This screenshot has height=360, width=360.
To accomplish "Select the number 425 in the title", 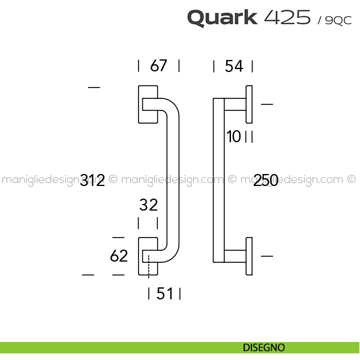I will point(286,17).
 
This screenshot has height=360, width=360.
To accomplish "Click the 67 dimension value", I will point(158,66).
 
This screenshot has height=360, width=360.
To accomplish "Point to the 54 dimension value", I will point(233,66).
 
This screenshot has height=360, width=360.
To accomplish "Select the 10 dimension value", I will point(233,137).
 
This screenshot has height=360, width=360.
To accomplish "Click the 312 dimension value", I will point(92,180).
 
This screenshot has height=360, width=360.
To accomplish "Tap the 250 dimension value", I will point(266,180).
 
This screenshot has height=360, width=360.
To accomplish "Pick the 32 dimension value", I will point(148,205).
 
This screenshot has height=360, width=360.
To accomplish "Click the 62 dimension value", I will point(119,256).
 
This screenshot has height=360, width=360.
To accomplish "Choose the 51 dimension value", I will point(164,293).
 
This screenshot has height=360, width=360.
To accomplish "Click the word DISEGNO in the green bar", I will point(264,347).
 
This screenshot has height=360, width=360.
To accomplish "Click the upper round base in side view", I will point(248,104).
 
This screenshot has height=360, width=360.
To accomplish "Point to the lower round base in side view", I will point(248,257).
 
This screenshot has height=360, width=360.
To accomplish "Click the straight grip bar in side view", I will point(219,180).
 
